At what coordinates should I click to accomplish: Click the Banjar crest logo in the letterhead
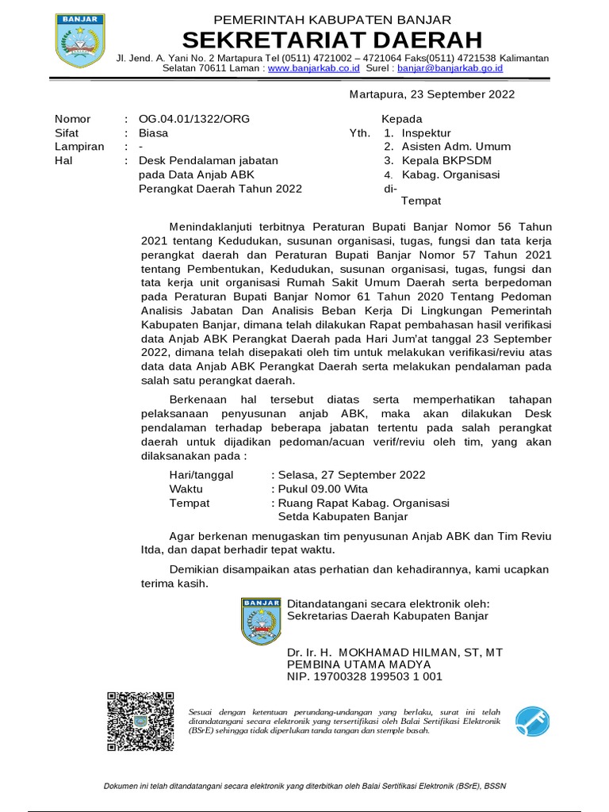point(79,40)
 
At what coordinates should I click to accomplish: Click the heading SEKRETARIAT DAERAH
point(332,40)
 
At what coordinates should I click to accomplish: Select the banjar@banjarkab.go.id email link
point(450,68)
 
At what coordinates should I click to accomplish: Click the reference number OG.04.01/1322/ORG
point(194,119)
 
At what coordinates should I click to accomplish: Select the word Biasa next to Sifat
point(153,133)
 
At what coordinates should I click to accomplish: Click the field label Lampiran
point(79,147)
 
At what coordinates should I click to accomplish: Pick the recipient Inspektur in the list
point(426,133)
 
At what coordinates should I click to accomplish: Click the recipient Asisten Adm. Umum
point(456,147)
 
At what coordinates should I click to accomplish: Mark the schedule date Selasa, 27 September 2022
point(350,475)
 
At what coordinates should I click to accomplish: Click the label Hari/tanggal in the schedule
point(201,475)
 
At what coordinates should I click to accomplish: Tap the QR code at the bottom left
point(140,721)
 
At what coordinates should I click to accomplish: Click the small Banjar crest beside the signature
point(261,621)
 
